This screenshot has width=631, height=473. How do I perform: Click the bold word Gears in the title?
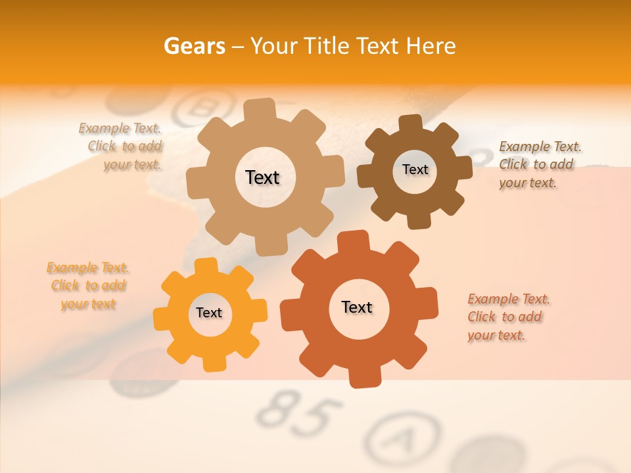click(x=194, y=46)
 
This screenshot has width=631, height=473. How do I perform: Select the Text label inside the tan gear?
click(x=263, y=177)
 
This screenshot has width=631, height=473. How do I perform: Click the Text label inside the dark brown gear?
click(x=415, y=169)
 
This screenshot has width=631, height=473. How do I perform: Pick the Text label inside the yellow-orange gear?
click(x=209, y=313)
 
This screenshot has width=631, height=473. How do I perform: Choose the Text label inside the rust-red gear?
click(x=357, y=307)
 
